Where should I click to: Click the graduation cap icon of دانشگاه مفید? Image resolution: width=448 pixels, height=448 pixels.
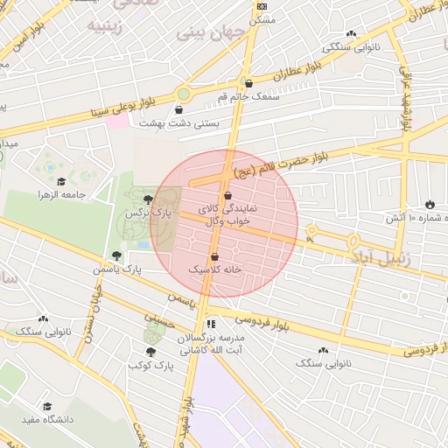click(x=47, y=406)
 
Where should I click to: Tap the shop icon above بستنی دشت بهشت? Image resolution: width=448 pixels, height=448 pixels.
click(x=179, y=111)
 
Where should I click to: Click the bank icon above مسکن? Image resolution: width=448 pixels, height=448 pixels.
click(x=261, y=6)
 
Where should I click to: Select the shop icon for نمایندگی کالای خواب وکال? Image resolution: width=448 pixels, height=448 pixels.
click(x=228, y=196)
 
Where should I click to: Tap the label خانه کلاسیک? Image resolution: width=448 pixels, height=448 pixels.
click(x=237, y=270)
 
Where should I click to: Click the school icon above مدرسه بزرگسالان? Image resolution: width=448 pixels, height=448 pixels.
click(x=210, y=324)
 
